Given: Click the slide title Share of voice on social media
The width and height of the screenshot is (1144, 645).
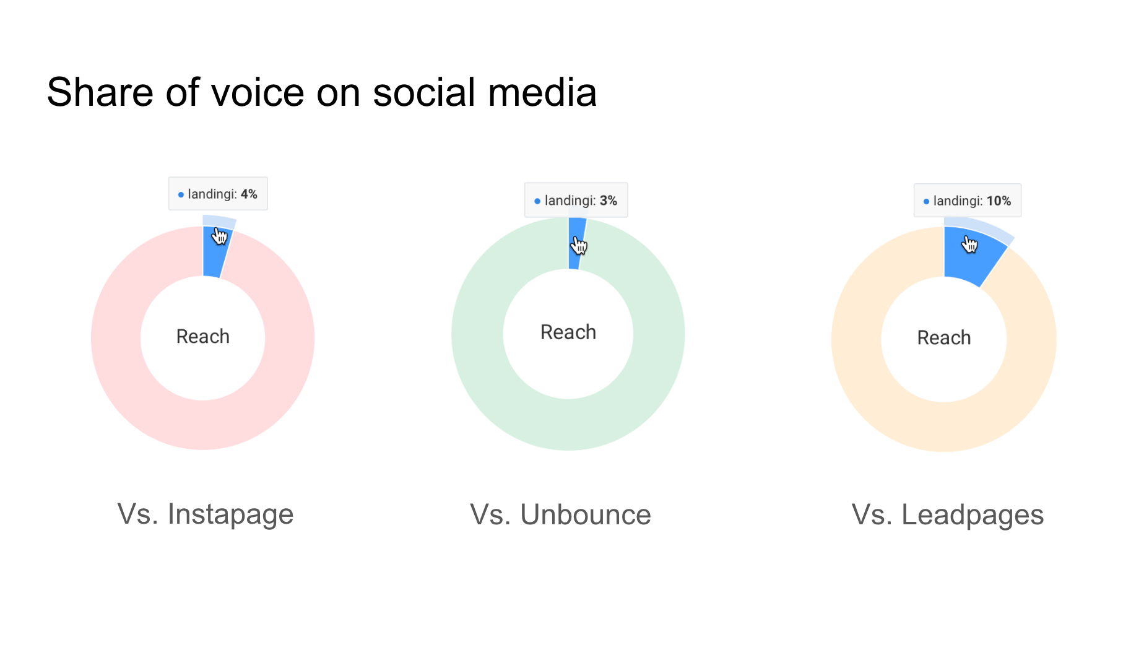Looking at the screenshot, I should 321,93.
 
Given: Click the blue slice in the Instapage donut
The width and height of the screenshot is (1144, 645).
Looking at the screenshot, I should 212,260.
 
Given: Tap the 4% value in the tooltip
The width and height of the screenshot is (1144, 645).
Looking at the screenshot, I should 249,194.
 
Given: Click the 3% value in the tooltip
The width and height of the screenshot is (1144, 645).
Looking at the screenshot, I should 609,201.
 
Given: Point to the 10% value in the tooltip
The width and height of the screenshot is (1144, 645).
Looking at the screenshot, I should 999,201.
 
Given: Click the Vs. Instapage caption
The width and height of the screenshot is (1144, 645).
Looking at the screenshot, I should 205,514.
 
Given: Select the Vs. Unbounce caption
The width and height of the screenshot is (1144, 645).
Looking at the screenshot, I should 560,515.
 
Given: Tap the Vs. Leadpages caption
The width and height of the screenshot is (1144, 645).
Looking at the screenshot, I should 947,515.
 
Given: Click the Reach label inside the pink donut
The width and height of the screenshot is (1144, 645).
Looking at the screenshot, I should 203,337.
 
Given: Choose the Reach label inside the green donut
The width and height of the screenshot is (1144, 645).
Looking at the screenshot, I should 568,332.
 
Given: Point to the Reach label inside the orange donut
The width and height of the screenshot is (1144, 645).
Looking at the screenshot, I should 943,338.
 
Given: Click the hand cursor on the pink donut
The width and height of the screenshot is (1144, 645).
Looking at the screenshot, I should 220,236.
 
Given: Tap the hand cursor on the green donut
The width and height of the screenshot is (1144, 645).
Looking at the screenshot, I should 579,246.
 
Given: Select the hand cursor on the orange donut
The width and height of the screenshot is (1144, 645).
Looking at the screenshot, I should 969,245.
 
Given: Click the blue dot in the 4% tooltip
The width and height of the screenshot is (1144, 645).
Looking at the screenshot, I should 181,195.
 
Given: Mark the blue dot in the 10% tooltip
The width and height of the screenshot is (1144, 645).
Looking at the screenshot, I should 926,201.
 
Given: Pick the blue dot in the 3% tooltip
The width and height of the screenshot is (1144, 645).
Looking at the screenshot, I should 537,201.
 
